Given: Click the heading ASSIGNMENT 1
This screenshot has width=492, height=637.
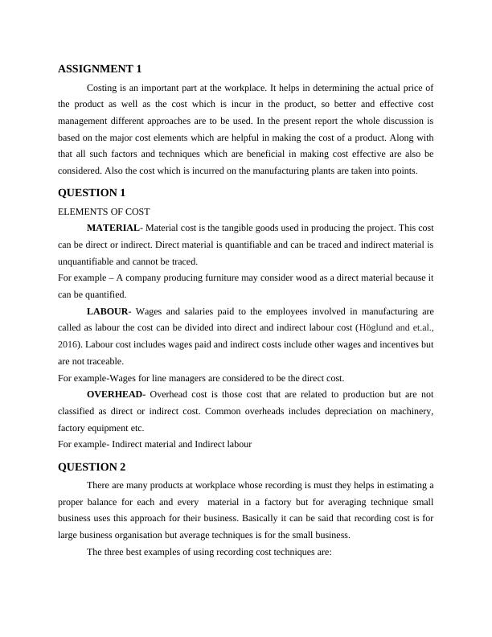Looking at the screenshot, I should pyautogui.click(x=100, y=69).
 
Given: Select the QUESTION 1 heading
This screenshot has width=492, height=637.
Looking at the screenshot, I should pyautogui.click(x=92, y=193).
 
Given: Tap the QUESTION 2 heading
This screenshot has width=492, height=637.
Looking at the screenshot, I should pyautogui.click(x=92, y=466).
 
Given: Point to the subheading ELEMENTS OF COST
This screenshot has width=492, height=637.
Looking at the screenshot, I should pyautogui.click(x=104, y=212).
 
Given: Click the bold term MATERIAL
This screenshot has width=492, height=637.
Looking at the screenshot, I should pyautogui.click(x=113, y=228).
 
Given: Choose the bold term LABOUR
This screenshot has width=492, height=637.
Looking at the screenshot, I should pyautogui.click(x=107, y=311).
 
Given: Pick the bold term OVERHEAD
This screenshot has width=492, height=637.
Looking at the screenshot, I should pyautogui.click(x=115, y=395).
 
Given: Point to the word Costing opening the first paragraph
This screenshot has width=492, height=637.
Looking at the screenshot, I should pyautogui.click(x=103, y=87).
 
